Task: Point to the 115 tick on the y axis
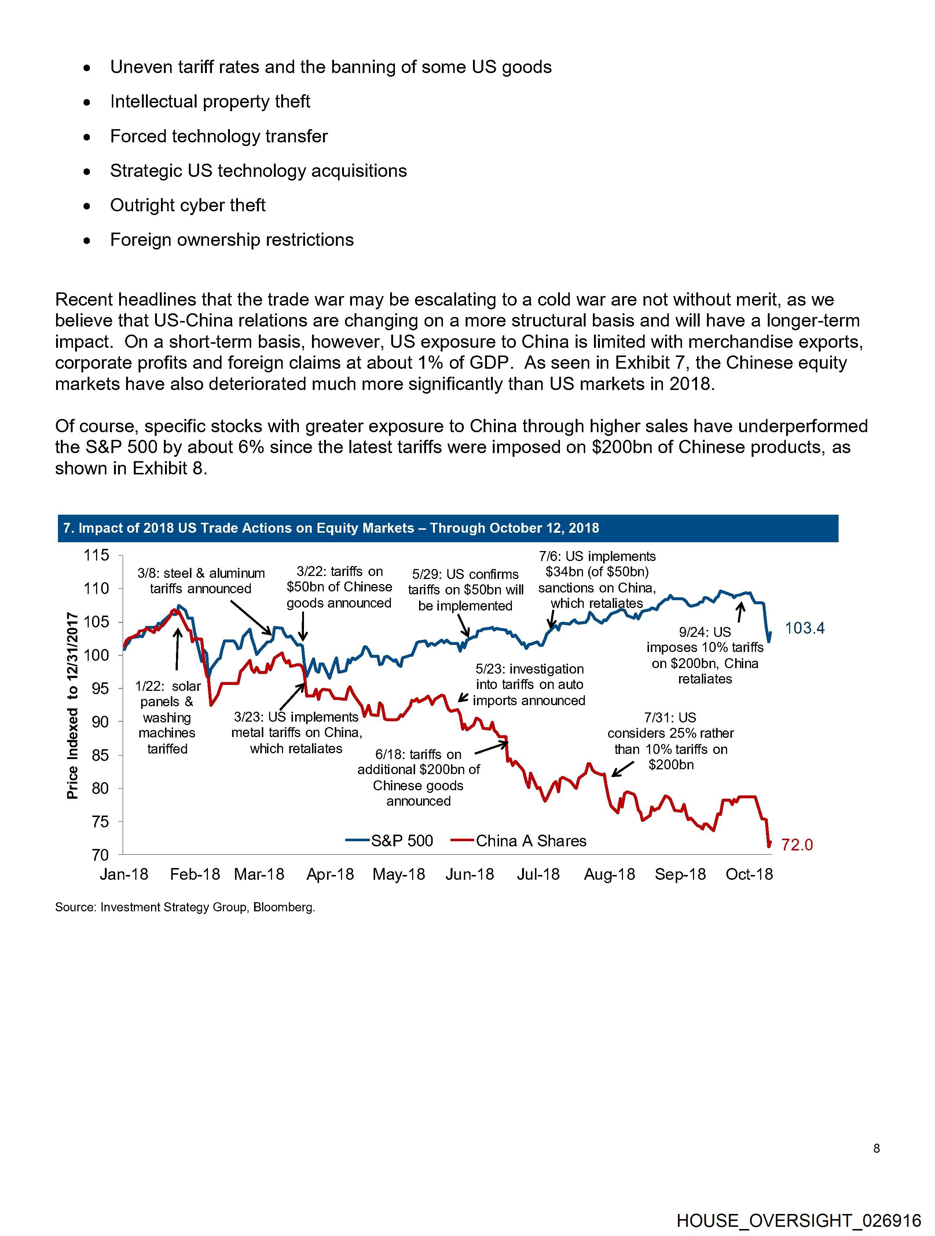[x=96, y=555]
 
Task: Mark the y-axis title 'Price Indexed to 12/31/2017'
[x=72, y=705]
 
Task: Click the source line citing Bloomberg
[x=185, y=907]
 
